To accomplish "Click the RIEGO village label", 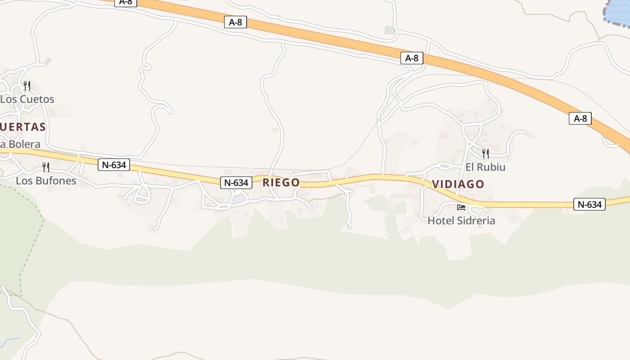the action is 281,182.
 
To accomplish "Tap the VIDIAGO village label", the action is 458,184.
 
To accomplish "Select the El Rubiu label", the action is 485,167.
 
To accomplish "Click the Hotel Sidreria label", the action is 461,220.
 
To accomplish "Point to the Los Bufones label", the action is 46,181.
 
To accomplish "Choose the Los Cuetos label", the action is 27,99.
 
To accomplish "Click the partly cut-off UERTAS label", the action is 23,127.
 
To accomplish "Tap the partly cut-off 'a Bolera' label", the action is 20,144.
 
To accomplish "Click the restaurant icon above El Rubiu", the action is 485,154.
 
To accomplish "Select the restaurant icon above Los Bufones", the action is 46,167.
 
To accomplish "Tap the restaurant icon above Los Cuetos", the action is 27,85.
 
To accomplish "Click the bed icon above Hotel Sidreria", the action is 461,207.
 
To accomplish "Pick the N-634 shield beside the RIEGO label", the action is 236,183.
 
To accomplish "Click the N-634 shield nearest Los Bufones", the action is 114,165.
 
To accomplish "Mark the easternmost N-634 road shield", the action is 589,204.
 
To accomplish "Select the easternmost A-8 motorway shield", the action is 580,118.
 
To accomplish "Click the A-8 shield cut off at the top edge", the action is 126,2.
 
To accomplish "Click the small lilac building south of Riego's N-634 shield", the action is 239,198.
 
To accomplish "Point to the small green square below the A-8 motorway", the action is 390,30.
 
